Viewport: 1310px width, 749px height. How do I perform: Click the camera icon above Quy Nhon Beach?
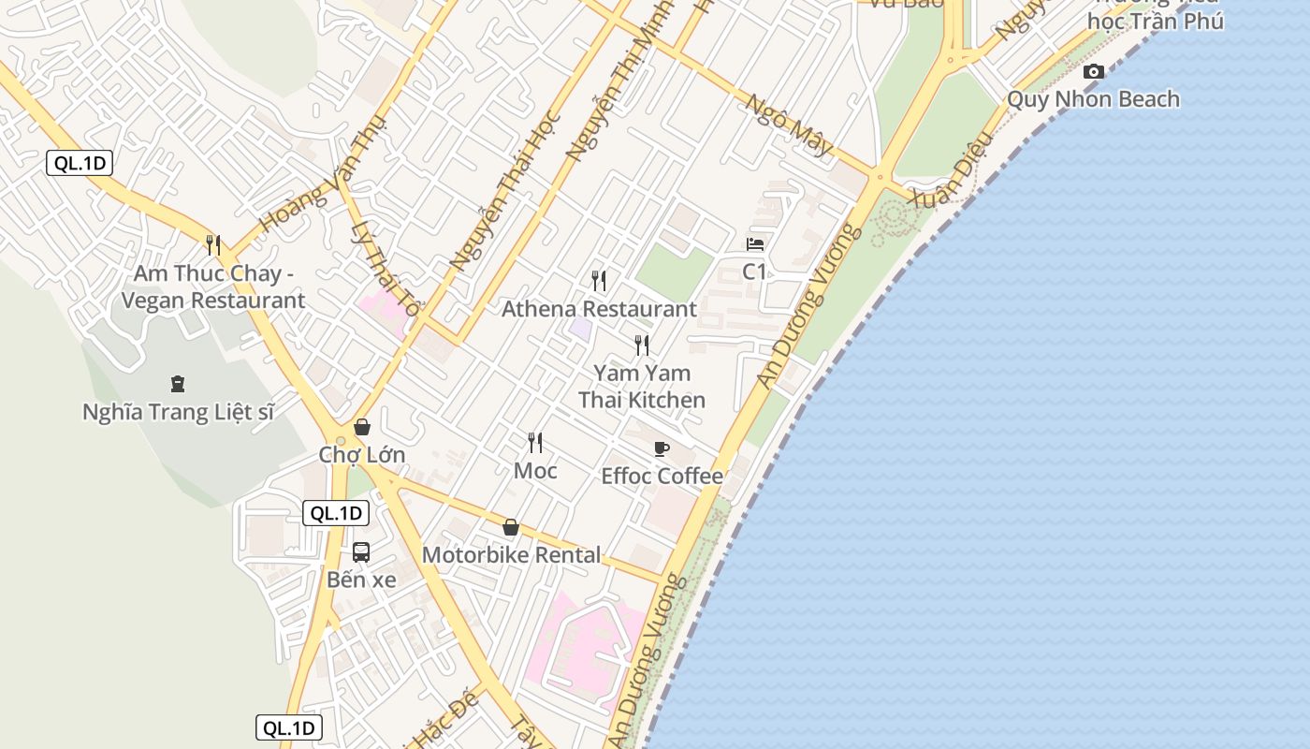pyautogui.click(x=1093, y=72)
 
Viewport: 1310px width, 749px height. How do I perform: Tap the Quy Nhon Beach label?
pyautogui.click(x=1093, y=99)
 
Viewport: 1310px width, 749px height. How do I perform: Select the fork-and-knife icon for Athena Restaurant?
pyautogui.click(x=599, y=280)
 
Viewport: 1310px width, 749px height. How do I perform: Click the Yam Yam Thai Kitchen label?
pyautogui.click(x=642, y=387)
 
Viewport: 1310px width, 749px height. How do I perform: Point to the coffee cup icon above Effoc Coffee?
pyautogui.click(x=662, y=448)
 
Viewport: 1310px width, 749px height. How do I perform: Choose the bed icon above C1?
pyautogui.click(x=755, y=244)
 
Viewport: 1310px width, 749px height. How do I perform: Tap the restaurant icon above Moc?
pyautogui.click(x=535, y=442)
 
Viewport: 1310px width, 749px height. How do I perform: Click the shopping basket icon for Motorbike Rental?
pyautogui.click(x=511, y=528)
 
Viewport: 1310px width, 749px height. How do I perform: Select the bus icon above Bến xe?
pyautogui.click(x=361, y=552)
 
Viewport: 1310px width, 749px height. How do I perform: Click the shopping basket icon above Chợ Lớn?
pyautogui.click(x=362, y=428)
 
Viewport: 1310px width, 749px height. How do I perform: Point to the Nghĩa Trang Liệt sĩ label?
pyautogui.click(x=178, y=412)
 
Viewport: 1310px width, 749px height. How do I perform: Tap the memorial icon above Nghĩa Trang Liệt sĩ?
pyautogui.click(x=177, y=383)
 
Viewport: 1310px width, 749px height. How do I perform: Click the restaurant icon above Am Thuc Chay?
pyautogui.click(x=213, y=245)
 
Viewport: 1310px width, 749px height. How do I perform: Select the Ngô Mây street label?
pyautogui.click(x=788, y=124)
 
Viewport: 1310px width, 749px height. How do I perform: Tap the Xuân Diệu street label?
pyautogui.click(x=943, y=182)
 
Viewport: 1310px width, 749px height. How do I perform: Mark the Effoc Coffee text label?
pyautogui.click(x=662, y=477)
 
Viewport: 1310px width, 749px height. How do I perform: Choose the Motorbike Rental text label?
pyautogui.click(x=511, y=555)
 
